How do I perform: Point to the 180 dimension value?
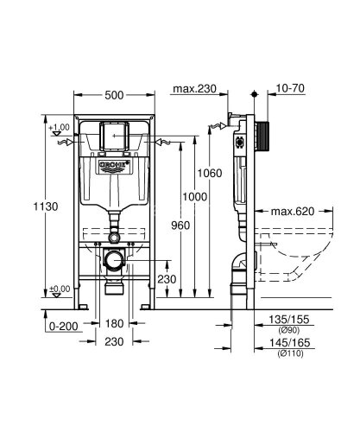[x=116, y=324]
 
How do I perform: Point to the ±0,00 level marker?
[x=59, y=289]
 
